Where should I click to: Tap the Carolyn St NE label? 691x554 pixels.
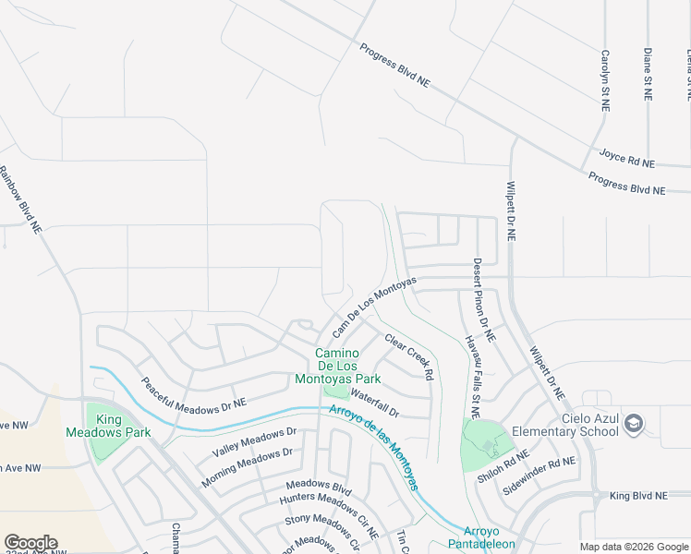pos(606,80)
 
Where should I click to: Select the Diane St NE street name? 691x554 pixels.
pos(649,74)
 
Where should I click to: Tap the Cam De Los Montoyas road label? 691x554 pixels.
pos(374,306)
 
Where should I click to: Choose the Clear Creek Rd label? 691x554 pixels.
pos(409,356)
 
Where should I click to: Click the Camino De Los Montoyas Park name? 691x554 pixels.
pos(337,366)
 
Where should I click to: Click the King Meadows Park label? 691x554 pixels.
pos(109,426)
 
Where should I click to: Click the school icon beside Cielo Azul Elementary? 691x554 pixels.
pos(634,424)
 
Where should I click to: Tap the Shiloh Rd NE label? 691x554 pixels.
pos(503,466)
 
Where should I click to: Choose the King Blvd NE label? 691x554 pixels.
pos(637,496)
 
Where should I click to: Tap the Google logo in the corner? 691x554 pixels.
pos(30,543)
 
